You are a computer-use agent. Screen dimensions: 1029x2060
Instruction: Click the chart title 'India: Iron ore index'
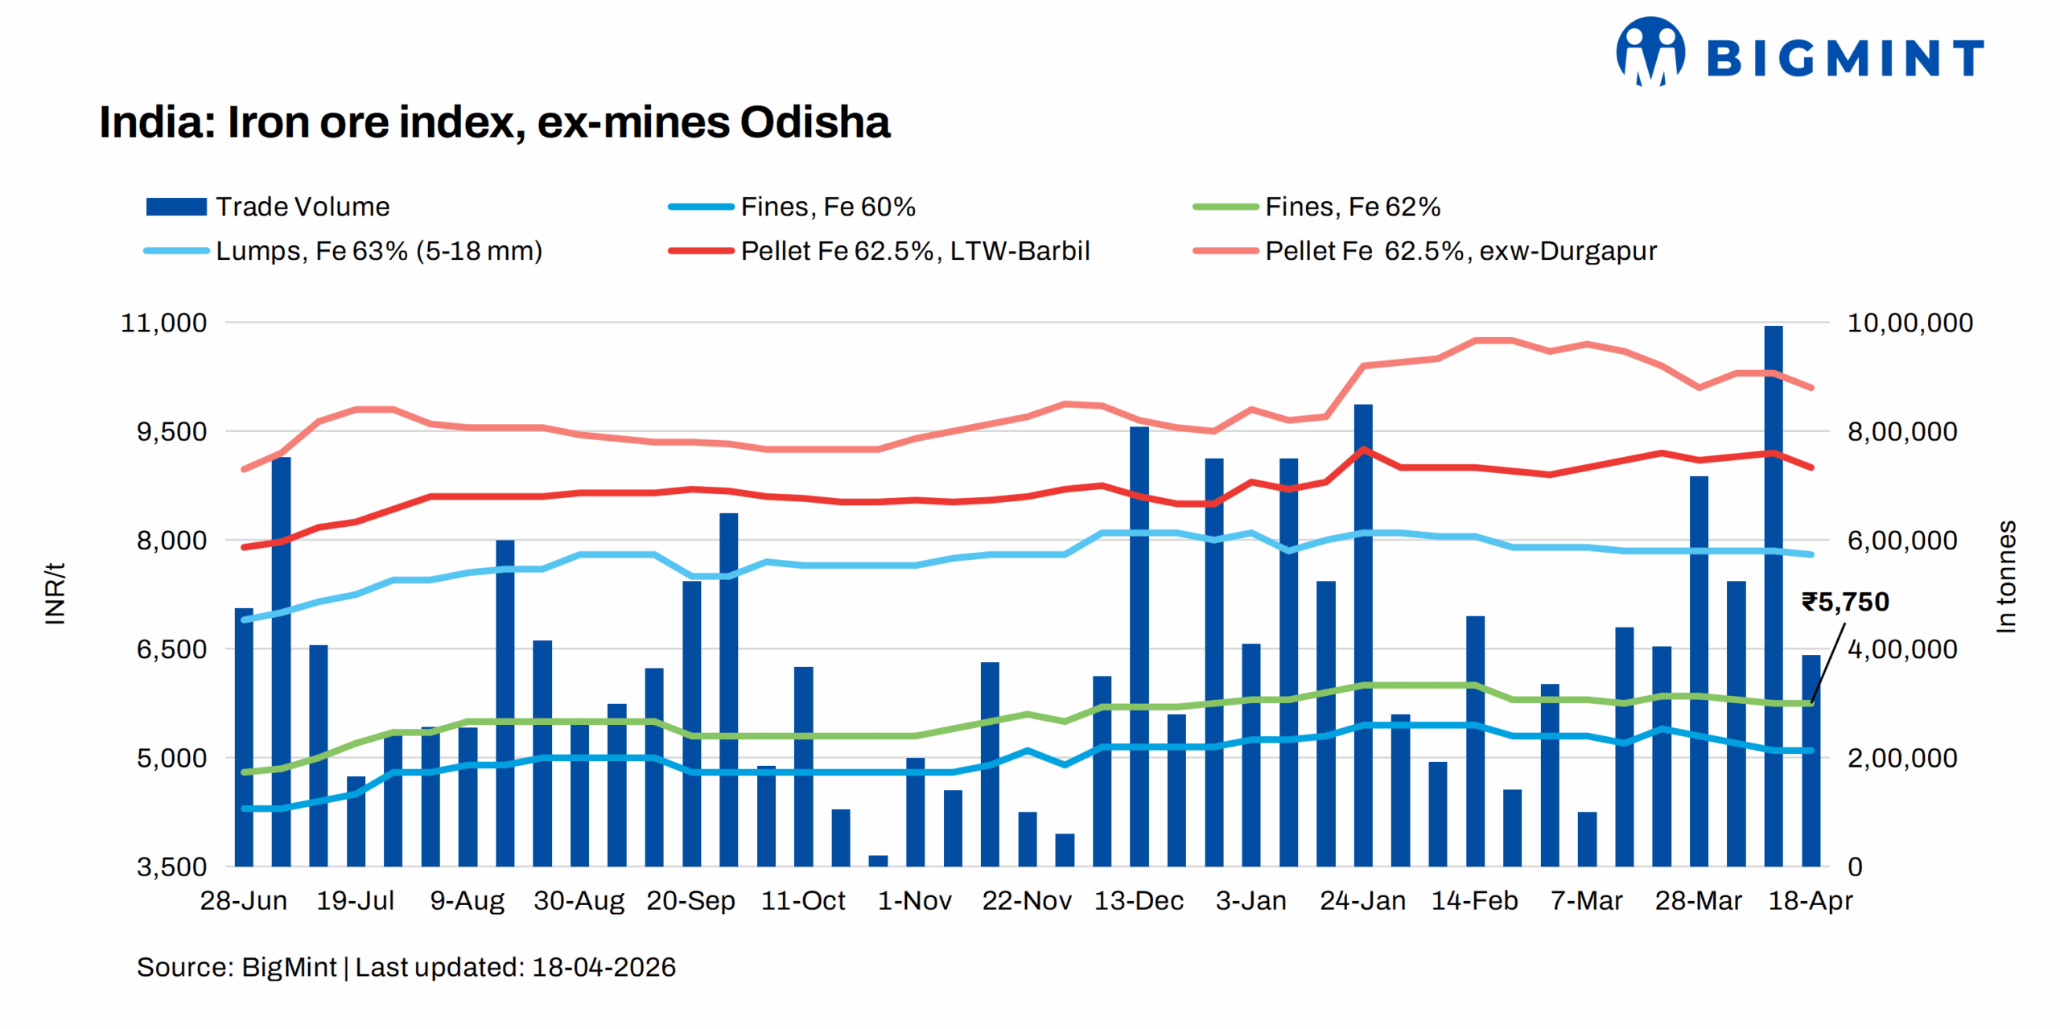pyautogui.click(x=493, y=122)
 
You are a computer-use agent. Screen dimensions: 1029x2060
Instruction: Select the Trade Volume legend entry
pyautogui.click(x=268, y=207)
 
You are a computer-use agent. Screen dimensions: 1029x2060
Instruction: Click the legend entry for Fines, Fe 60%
pyautogui.click(x=792, y=207)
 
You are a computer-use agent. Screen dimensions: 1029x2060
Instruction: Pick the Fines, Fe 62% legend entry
pyautogui.click(x=1316, y=207)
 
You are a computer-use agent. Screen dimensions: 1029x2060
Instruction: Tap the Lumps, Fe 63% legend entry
pyautogui.click(x=344, y=251)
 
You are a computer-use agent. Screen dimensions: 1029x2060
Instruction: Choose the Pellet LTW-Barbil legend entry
pyautogui.click(x=879, y=251)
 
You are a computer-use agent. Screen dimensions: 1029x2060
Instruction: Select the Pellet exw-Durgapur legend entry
pyautogui.click(x=1425, y=251)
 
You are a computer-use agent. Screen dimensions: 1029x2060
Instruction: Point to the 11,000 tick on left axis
pyautogui.click(x=163, y=323)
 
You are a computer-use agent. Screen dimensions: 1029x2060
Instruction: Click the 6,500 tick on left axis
pyautogui.click(x=171, y=649)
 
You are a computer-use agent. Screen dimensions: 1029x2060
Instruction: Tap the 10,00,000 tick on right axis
pyautogui.click(x=1910, y=323)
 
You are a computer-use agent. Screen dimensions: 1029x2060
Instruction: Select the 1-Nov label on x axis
pyautogui.click(x=914, y=900)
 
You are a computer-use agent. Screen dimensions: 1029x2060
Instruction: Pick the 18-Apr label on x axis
pyautogui.click(x=1810, y=900)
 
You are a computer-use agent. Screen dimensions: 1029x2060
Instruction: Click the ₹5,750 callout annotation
pyautogui.click(x=1844, y=602)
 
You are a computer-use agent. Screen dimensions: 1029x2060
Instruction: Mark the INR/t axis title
pyautogui.click(x=55, y=594)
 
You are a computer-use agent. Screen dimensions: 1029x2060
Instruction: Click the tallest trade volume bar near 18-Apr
pyautogui.click(x=1773, y=595)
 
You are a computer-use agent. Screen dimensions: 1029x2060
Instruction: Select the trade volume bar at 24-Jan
pyautogui.click(x=1363, y=636)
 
